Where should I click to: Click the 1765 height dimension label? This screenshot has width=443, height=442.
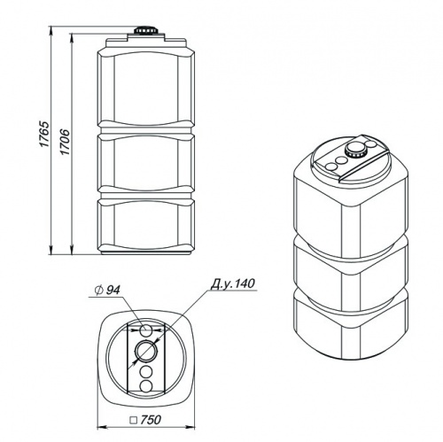click(44, 134)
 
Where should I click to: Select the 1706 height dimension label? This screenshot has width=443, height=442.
click(65, 142)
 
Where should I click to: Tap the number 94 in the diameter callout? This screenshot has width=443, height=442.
click(113, 291)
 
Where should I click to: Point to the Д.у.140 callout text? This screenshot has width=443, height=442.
click(232, 283)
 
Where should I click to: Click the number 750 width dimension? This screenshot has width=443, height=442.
click(151, 420)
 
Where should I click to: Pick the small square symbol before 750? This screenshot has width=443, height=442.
click(135, 420)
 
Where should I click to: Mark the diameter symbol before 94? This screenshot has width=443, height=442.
click(99, 291)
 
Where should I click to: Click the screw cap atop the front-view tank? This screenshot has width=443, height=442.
click(146, 30)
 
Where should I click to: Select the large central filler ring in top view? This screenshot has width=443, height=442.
click(146, 351)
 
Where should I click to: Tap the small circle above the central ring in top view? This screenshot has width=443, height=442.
click(146, 330)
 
